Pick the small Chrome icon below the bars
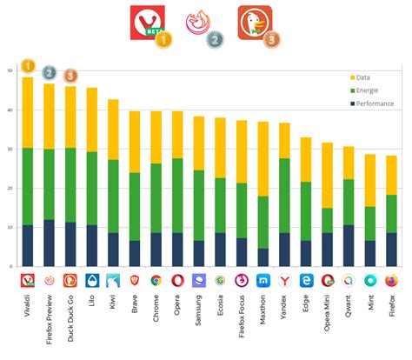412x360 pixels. click(x=156, y=281)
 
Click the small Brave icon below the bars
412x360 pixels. click(x=135, y=281)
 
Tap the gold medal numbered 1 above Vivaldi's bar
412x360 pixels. click(x=29, y=65)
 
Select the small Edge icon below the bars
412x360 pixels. click(x=305, y=281)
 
